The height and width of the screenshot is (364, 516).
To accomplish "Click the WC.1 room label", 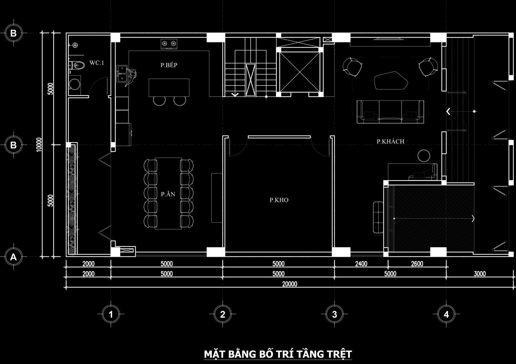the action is pos(97,63).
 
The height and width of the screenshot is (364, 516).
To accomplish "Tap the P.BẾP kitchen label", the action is pos(169,65).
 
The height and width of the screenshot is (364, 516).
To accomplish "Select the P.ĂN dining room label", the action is pos(168,194).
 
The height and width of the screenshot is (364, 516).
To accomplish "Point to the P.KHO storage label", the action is pos(279,200).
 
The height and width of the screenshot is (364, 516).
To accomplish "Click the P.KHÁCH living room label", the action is pos(391,141).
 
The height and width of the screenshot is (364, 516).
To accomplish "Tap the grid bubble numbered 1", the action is pos(111,314).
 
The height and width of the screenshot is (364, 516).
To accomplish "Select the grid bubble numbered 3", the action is pos(334,314).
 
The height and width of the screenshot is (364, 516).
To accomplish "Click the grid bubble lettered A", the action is pos(13,257).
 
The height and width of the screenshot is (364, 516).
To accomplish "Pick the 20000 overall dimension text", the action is pos(290,284).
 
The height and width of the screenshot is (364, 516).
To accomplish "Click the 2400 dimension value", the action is pos(361,264).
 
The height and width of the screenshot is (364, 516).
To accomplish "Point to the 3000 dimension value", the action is pos(480,274).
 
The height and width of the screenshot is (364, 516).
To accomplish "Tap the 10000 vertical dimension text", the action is pos(39,144).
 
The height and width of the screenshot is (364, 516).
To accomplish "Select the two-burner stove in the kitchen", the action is pos(169,44).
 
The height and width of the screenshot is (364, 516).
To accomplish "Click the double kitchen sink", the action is pos(122,74).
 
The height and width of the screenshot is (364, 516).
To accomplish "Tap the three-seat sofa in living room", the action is pos(390,112).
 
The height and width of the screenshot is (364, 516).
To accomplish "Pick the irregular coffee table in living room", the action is pos(391,81).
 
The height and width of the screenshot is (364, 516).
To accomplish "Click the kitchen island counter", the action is pos(169,87).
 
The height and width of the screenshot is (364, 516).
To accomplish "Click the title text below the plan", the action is pos(278,354).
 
